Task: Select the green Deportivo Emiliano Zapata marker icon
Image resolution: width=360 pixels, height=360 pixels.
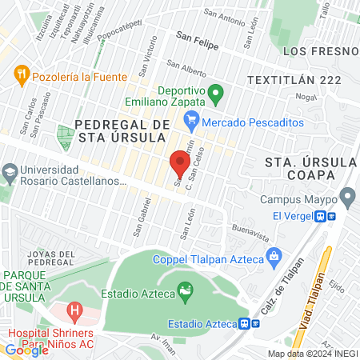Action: point(215,96)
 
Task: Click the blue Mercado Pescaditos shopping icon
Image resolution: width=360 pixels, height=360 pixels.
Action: point(190,122)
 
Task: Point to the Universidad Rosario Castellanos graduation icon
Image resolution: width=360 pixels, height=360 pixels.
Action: point(10,172)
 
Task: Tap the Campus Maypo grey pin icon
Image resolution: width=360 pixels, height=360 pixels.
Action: point(347,196)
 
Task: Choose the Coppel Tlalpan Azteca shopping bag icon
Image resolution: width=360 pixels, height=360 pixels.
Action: point(274,257)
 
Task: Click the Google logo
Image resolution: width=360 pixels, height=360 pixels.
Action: point(26,350)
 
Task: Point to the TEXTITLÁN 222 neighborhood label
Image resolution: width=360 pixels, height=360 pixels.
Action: point(294,80)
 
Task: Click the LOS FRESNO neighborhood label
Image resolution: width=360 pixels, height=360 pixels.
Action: point(320,51)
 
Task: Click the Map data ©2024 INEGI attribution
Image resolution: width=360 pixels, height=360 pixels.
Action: point(312,354)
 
